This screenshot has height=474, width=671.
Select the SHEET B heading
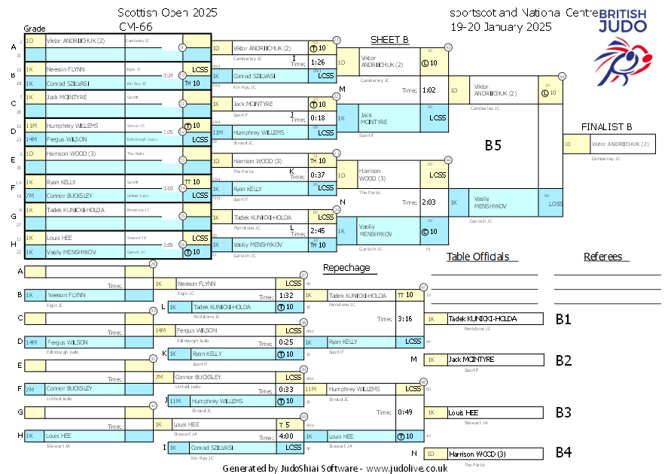389,40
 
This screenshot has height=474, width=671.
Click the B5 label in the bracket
493,146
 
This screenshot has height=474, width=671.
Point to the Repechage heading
346,267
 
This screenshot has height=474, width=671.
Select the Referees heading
603,257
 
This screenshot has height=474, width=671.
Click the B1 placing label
563,319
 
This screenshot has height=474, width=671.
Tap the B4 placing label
563,453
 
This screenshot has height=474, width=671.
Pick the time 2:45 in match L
317,231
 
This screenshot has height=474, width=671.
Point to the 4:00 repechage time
285,436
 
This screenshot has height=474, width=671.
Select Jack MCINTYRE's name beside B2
470,360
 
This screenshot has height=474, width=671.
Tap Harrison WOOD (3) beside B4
477,454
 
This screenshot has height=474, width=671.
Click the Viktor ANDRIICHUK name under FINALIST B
620,144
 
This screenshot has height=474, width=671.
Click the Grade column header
35,28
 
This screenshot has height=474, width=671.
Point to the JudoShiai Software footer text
334,468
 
